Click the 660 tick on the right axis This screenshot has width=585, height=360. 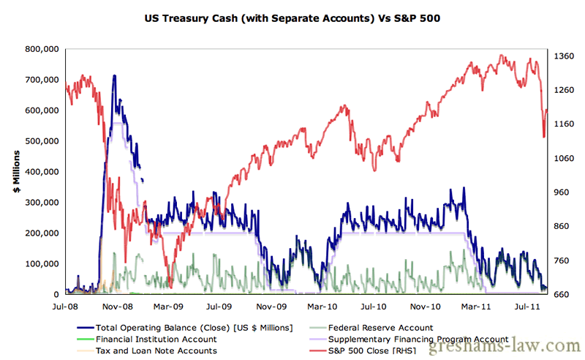[x=564, y=294]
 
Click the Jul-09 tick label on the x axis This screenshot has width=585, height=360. [x=219, y=308]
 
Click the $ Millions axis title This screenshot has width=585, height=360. [x=17, y=173]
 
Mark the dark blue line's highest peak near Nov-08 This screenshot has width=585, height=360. [x=114, y=75]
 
